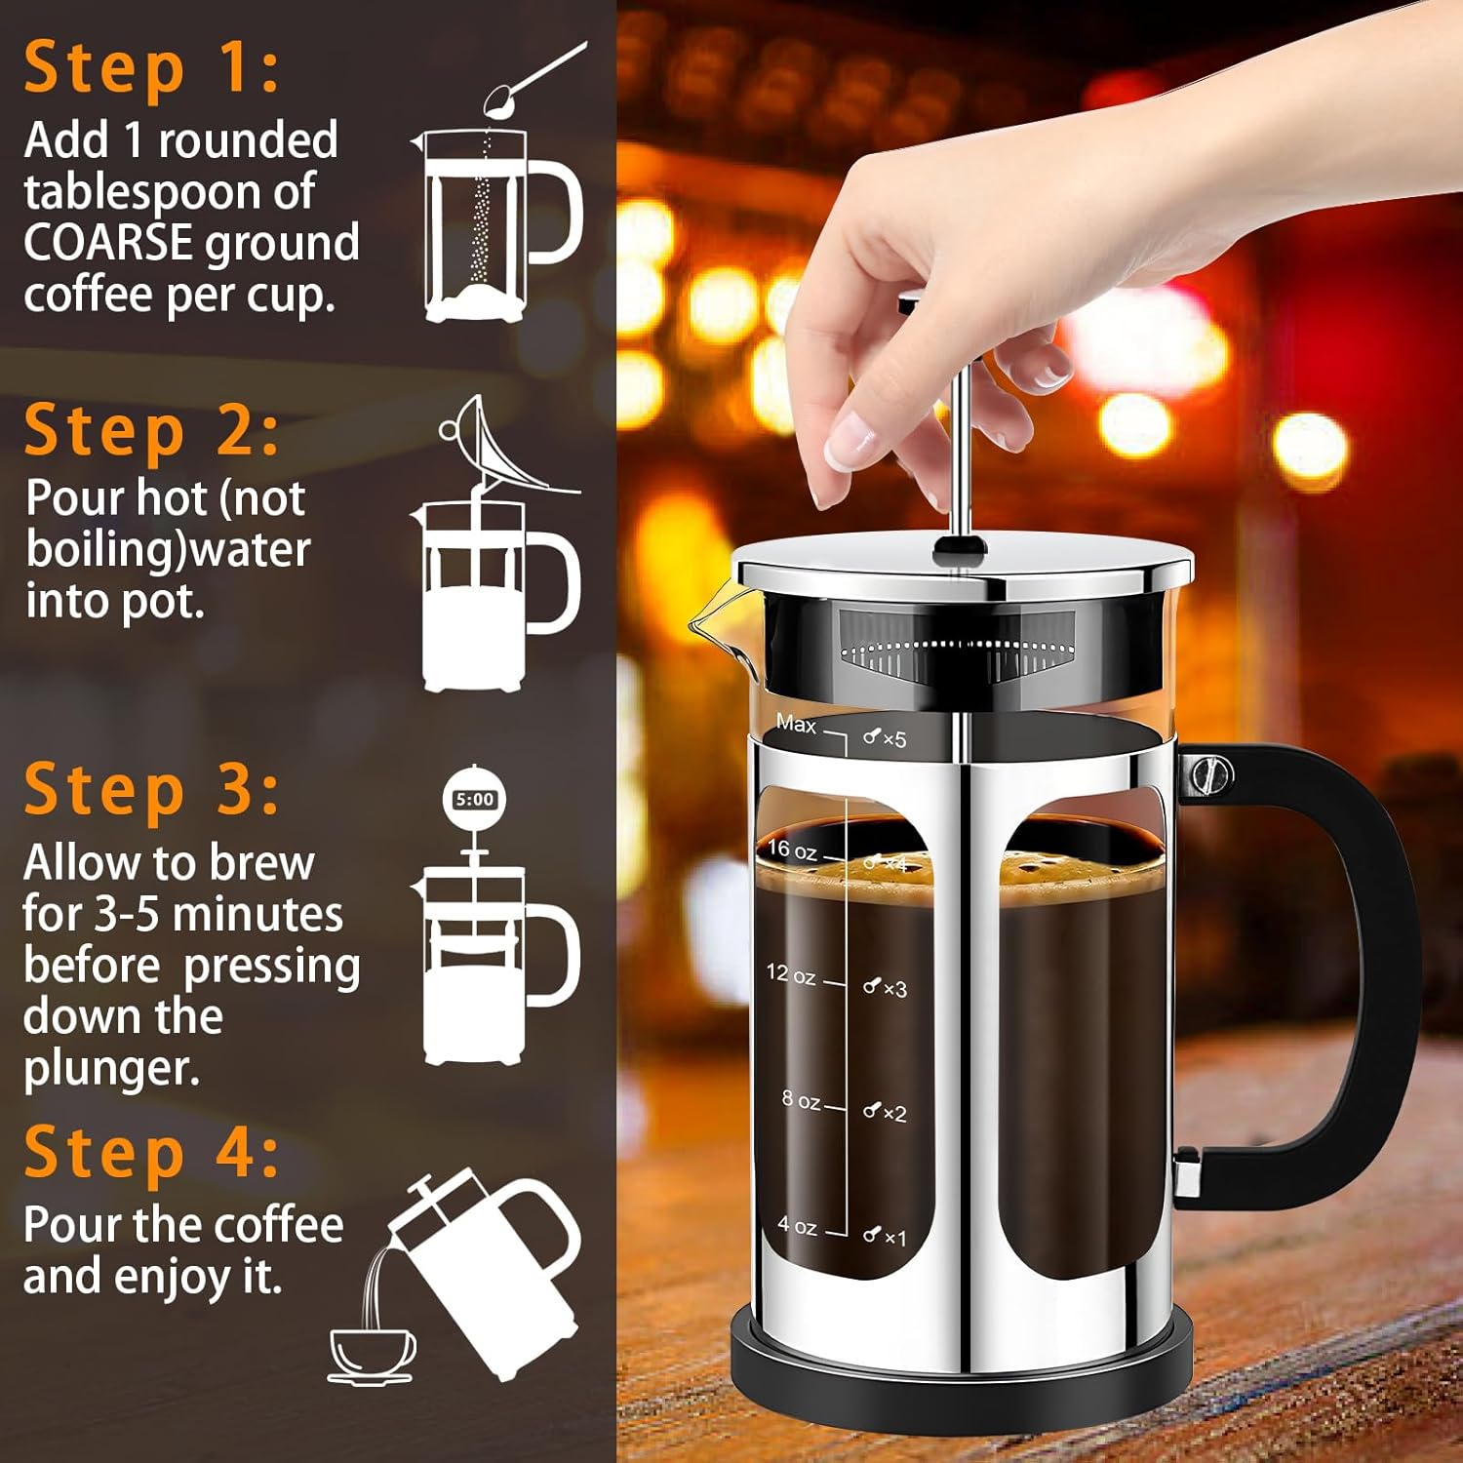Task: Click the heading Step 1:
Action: pos(152,68)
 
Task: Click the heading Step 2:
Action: pos(152,431)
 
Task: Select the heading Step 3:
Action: pos(152,789)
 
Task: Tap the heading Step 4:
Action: pos(152,1152)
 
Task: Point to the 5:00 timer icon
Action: pos(475,799)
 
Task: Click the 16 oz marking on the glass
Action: pos(792,850)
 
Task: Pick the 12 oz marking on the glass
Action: pos(791,972)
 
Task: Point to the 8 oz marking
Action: pos(801,1100)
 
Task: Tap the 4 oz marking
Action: pos(797,1225)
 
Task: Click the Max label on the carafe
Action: pos(796,724)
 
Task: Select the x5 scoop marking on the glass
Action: pos(885,738)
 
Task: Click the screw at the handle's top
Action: pos(1210,776)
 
